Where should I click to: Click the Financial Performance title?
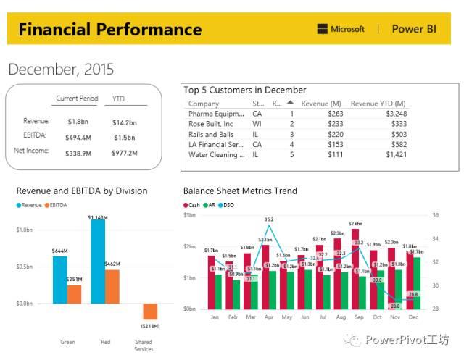pyautogui.click(x=109, y=30)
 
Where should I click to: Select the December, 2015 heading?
pyautogui.click(x=61, y=70)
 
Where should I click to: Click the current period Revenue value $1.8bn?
pyautogui.click(x=78, y=122)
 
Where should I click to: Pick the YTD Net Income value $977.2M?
pyautogui.click(x=125, y=153)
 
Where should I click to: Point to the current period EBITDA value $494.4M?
pyautogui.click(x=78, y=137)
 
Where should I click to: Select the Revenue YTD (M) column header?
pyautogui.click(x=378, y=104)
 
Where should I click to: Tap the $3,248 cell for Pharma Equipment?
pyautogui.click(x=396, y=114)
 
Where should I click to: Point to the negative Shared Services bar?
pyautogui.click(x=150, y=311)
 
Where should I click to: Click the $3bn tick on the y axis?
pyautogui.click(x=190, y=215)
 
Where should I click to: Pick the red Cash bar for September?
pyautogui.click(x=355, y=268)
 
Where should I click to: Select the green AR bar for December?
pyautogui.click(x=416, y=282)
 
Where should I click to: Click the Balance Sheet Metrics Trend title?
pyautogui.click(x=240, y=191)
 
